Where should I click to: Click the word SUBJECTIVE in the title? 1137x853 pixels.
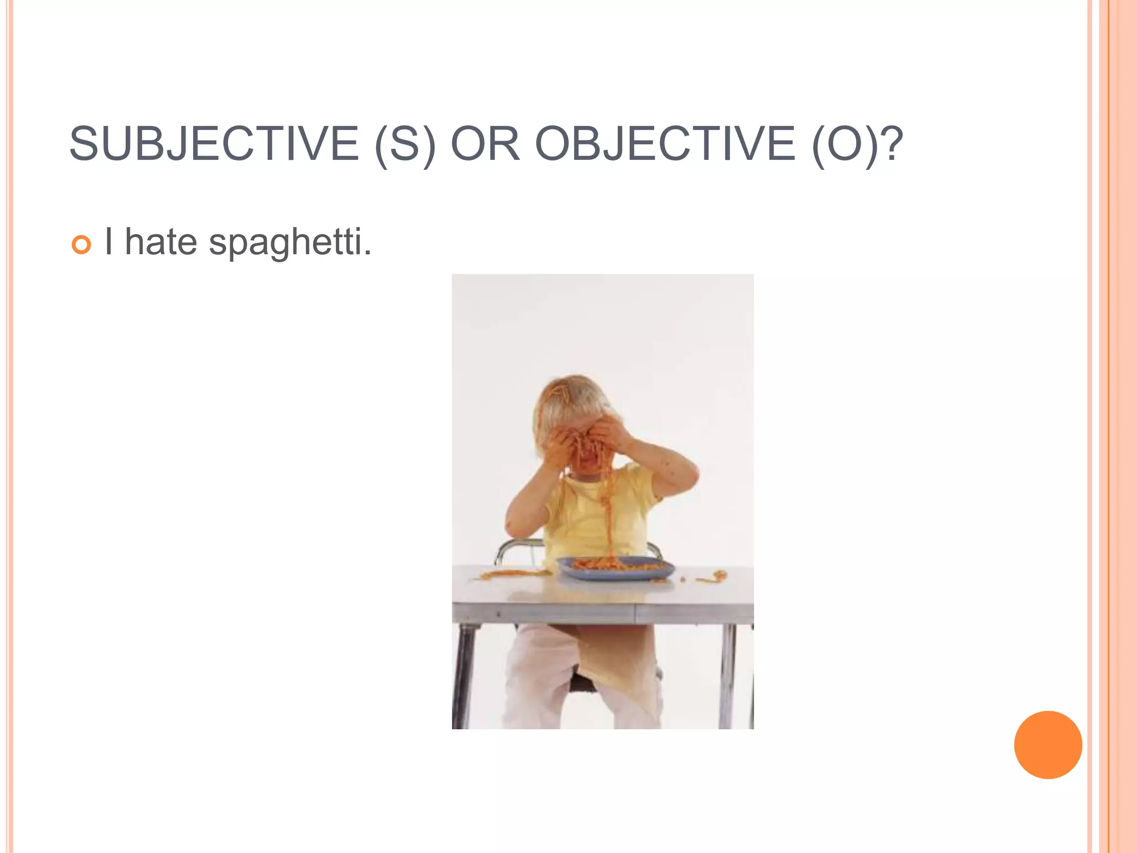click(x=214, y=144)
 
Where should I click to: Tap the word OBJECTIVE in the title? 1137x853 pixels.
click(x=665, y=144)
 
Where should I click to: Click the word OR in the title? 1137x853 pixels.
click(x=485, y=144)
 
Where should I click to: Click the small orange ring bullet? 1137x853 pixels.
click(x=81, y=244)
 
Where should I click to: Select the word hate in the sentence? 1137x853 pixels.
click(x=161, y=242)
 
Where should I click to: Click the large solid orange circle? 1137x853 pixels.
click(x=1048, y=745)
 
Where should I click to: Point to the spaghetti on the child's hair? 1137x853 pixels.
click(x=557, y=392)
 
